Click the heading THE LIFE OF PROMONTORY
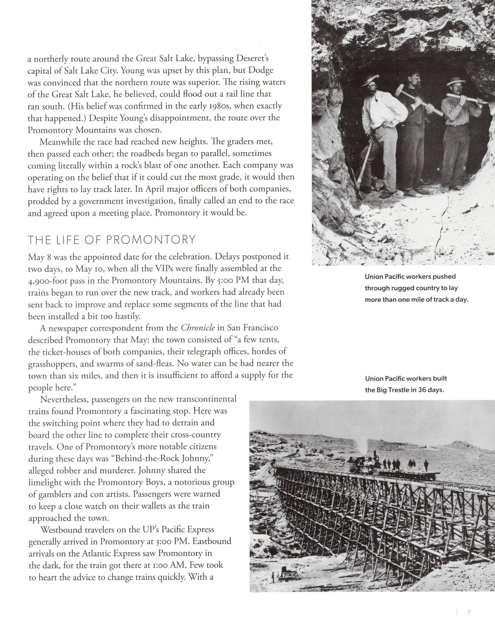[112, 240]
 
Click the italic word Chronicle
[198, 328]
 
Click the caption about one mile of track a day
[417, 288]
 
